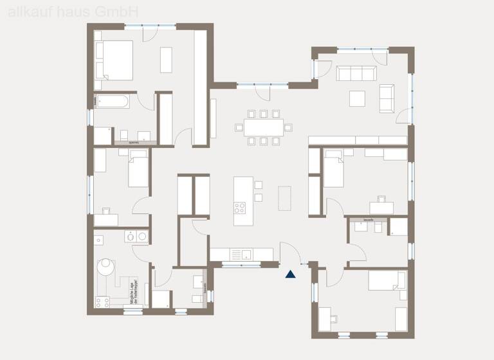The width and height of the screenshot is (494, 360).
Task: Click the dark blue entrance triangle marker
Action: coord(291,274)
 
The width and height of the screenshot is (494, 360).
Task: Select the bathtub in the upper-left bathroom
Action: coord(113,101)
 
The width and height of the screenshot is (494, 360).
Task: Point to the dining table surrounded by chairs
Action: coord(263,127)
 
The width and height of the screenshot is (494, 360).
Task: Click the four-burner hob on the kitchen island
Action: coord(239,207)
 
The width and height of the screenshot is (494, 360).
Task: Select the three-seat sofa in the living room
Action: coord(356,73)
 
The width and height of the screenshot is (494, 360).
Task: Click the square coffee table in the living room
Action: coord(358,98)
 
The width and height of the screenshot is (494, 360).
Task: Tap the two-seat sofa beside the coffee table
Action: coord(387,97)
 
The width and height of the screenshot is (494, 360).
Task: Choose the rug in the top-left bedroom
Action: coord(167,60)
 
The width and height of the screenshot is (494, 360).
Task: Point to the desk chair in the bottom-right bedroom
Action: coord(334,316)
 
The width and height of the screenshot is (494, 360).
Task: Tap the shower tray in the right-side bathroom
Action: coord(398,227)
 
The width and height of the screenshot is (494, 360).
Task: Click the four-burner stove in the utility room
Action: coord(102,300)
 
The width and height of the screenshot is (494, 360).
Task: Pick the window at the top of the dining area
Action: coord(262,84)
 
